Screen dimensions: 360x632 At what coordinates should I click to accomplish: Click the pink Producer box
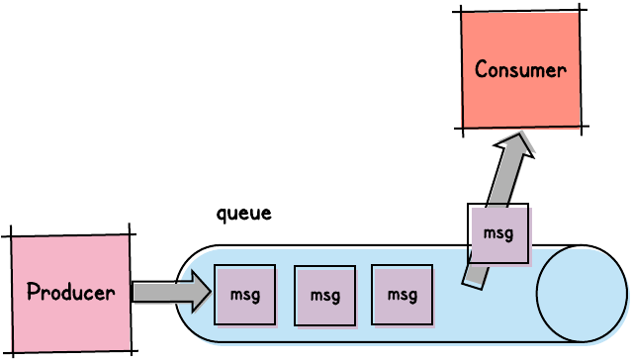coord(70,293)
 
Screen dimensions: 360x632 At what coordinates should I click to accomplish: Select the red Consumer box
coord(520,69)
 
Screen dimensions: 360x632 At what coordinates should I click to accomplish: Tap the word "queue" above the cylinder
coord(243,213)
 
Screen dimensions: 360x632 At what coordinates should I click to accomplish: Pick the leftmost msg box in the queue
coord(244,295)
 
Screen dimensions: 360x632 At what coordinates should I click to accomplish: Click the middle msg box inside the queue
coord(324,295)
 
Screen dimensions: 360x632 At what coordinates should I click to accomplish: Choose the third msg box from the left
coord(402,295)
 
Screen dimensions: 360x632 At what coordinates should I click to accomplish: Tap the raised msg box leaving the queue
coord(497,233)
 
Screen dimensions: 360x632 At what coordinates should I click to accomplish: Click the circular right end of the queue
coord(582,294)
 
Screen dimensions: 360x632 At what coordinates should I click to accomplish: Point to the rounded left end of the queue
coord(190,294)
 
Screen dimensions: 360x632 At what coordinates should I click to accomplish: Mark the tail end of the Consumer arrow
coord(473,284)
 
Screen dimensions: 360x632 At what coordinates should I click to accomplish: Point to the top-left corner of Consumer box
coord(462,13)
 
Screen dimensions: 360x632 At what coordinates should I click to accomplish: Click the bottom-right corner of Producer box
coord(132,350)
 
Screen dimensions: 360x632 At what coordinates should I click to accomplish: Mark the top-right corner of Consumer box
coord(580,11)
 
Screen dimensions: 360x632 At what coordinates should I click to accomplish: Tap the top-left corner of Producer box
coord(11,236)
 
